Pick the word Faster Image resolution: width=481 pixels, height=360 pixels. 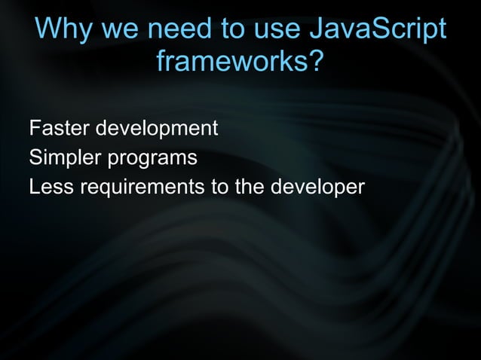pos(58,129)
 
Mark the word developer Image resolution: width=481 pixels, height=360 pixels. pos(317,187)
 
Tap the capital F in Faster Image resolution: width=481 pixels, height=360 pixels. pos(34,129)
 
